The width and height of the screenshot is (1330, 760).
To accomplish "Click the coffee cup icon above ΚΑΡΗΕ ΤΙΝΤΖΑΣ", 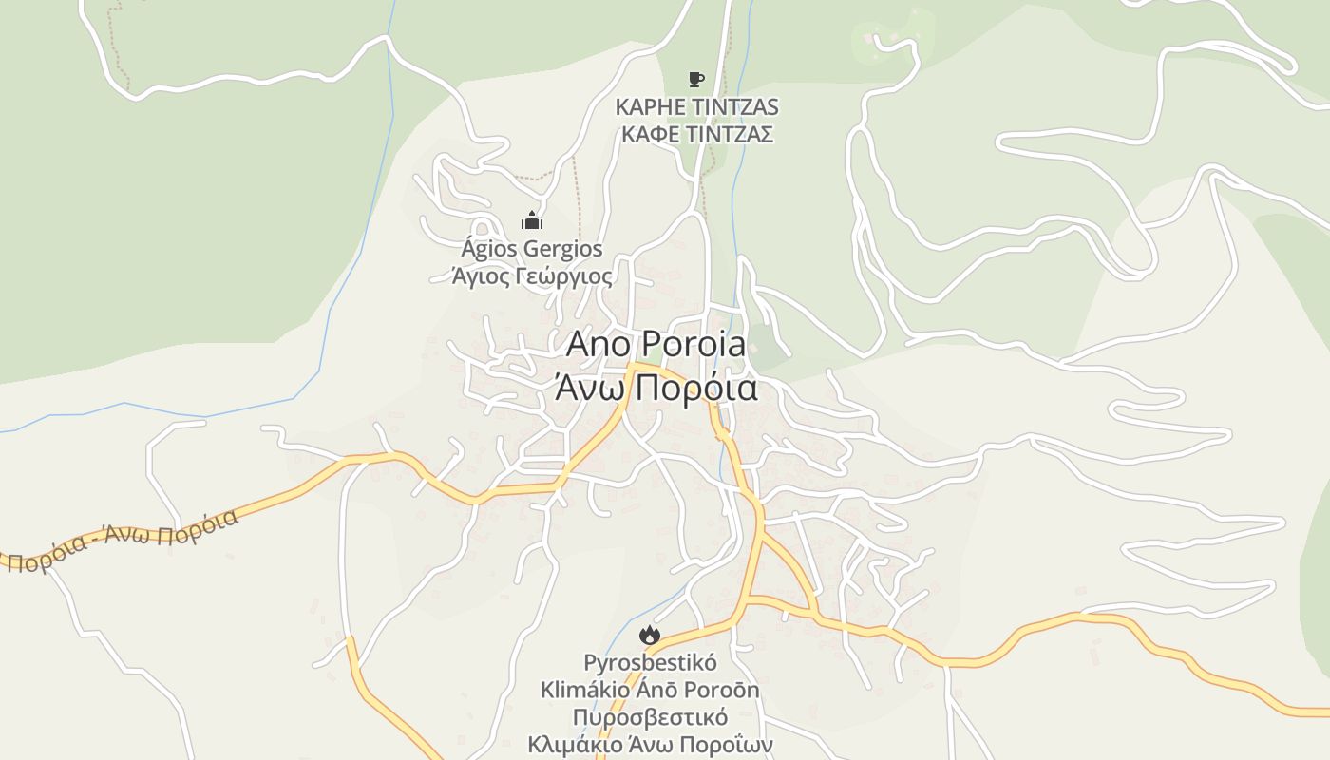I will (696, 79).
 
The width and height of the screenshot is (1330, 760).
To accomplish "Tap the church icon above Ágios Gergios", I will (531, 221).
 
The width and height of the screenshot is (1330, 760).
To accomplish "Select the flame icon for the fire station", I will (650, 635).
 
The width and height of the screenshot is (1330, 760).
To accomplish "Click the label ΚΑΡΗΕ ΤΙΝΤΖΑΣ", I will (696, 106).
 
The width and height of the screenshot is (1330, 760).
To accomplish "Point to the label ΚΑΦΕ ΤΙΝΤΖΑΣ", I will (696, 134).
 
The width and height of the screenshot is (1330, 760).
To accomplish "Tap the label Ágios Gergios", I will (531, 250).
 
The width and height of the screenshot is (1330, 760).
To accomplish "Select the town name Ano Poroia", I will (655, 344).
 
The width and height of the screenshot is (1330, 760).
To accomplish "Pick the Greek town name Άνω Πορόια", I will (655, 388).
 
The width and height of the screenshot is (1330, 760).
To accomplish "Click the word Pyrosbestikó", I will (650, 662).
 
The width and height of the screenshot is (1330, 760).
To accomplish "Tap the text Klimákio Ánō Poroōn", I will (650, 690).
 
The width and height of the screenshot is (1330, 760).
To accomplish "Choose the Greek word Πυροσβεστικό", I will (650, 717).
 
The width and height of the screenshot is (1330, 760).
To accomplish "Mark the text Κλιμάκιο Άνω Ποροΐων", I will (650, 745).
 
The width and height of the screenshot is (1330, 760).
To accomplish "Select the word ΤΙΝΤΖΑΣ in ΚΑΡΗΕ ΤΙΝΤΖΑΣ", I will (733, 106).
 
